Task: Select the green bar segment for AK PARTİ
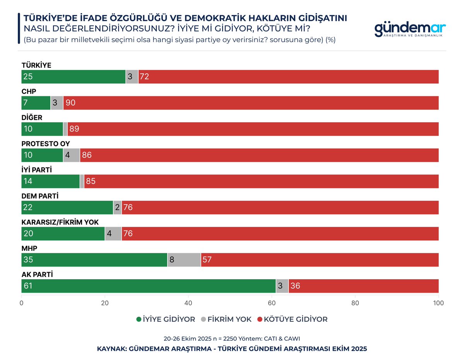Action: pos(148,286)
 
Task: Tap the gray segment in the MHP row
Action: pos(184,260)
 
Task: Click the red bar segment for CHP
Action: pos(251,103)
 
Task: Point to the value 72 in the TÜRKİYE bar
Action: pos(145,77)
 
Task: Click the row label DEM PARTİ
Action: pos(40,196)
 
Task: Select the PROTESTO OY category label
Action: pos(46,144)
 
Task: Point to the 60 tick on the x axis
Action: pos(271,303)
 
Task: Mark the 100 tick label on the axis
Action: pos(438,303)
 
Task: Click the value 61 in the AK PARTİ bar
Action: pos(28,286)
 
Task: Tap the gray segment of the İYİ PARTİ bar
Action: pos(82,181)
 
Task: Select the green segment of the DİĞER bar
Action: pos(42,129)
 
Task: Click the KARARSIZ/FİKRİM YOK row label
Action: pos(60,222)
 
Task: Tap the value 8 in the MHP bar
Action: pos(172,260)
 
